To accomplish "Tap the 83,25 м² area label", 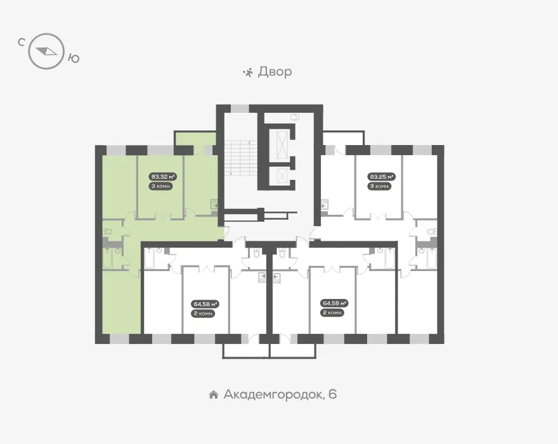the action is [382, 176].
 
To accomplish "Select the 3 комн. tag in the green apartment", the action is [162, 186].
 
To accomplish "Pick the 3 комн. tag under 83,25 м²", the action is [380, 186].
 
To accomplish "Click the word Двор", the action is [275, 72].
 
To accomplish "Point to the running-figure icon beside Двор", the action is [248, 72].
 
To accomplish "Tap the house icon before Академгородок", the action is [214, 395].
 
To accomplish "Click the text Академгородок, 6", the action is [280, 394].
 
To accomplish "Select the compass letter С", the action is [21, 42].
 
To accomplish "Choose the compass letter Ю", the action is [74, 58].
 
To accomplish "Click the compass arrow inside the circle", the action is [47, 51].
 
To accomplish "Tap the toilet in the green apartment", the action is [107, 232].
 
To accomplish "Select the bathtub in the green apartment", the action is [108, 258].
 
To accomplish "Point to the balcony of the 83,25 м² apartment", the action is [343, 138].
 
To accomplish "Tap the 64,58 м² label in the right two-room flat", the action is [335, 303].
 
